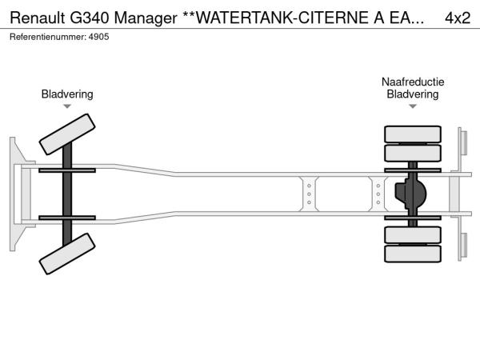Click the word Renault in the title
click(38, 18)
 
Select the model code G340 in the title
click(90, 18)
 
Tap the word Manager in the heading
click(146, 19)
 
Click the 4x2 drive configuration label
click(458, 18)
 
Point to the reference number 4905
click(98, 37)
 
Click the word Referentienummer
click(48, 37)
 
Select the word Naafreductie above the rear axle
click(413, 82)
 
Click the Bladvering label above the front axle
click(67, 94)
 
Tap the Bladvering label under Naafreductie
click(413, 94)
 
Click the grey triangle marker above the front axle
click(67, 106)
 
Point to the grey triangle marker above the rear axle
click(413, 106)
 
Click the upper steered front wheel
click(67, 134)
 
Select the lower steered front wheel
click(67, 254)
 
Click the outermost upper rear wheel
click(413, 134)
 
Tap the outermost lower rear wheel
click(413, 254)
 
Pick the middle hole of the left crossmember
click(309, 194)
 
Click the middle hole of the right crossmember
click(378, 194)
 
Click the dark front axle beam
click(67, 194)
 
